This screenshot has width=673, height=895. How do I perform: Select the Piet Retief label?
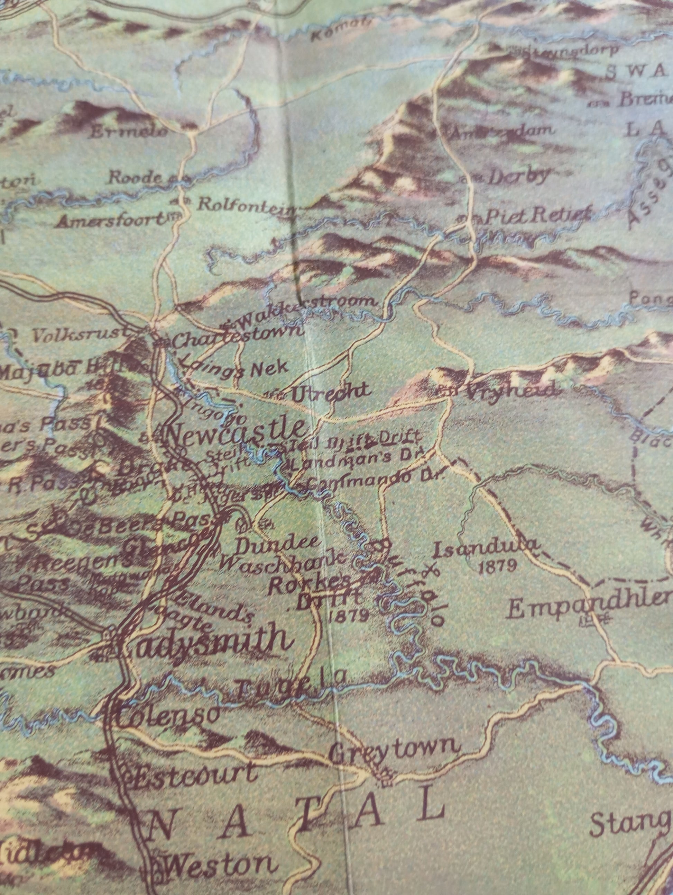(537, 216)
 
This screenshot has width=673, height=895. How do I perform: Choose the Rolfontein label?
(245, 204)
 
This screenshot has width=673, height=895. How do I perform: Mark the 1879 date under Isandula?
(497, 566)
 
